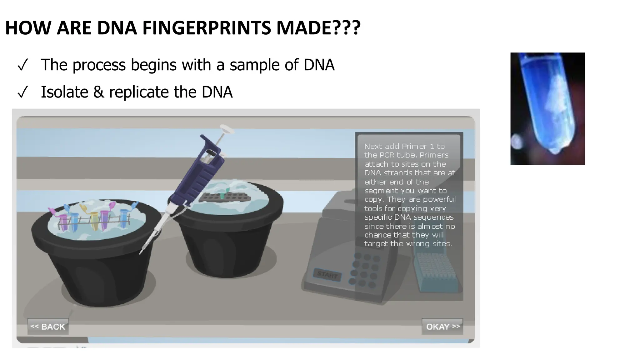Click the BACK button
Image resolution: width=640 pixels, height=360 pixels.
pyautogui.click(x=48, y=327)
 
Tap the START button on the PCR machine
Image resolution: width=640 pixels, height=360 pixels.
pyautogui.click(x=327, y=275)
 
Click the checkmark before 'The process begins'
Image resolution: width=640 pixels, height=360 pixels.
pyautogui.click(x=23, y=66)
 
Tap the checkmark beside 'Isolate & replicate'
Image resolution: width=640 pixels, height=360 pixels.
pyautogui.click(x=23, y=93)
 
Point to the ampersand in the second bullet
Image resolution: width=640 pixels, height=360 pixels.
pyautogui.click(x=98, y=92)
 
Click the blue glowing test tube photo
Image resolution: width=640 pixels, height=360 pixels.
pyautogui.click(x=547, y=108)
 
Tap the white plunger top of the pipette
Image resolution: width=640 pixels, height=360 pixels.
pyautogui.click(x=227, y=128)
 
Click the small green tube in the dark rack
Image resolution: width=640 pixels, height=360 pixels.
pyautogui.click(x=222, y=195)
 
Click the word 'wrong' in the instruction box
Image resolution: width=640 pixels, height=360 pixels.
pyautogui.click(x=418, y=244)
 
